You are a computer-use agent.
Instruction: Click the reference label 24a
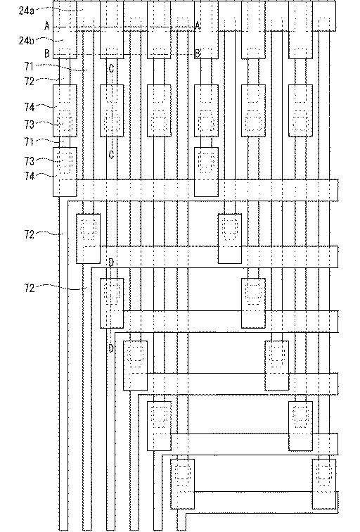click(x=26, y=11)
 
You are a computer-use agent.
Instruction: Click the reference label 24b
click(x=26, y=40)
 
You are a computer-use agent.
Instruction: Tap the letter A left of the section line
click(x=47, y=25)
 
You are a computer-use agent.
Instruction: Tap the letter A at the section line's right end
click(x=198, y=25)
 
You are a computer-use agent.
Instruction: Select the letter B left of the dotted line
click(x=47, y=53)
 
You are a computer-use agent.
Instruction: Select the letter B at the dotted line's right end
click(x=198, y=53)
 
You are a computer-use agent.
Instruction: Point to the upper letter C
click(x=111, y=68)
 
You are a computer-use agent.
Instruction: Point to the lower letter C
click(x=111, y=155)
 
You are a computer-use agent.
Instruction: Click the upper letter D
click(x=111, y=262)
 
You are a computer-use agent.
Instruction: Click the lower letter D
click(x=111, y=348)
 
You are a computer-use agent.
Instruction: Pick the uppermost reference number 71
click(x=29, y=66)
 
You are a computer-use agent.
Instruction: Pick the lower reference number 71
click(x=29, y=141)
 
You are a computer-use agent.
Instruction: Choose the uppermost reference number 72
click(x=29, y=81)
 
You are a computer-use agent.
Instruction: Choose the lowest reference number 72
click(x=29, y=288)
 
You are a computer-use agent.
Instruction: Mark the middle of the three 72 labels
click(x=29, y=234)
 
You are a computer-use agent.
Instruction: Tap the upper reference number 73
click(x=29, y=125)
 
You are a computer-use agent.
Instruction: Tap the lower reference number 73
click(x=29, y=161)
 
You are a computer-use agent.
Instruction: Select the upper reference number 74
click(x=29, y=107)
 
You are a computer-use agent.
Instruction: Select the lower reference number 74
click(x=29, y=176)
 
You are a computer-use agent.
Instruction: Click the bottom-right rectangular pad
click(x=324, y=484)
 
